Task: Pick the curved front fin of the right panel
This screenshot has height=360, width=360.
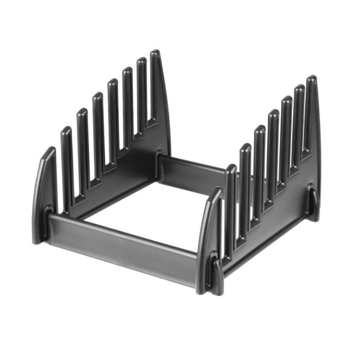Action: click(x=208, y=231)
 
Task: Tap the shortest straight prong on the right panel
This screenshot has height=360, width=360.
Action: click(x=231, y=206)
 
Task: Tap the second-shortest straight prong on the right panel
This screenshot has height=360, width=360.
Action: click(x=245, y=185)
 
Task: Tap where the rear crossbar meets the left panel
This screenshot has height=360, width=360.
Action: click(x=159, y=165)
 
